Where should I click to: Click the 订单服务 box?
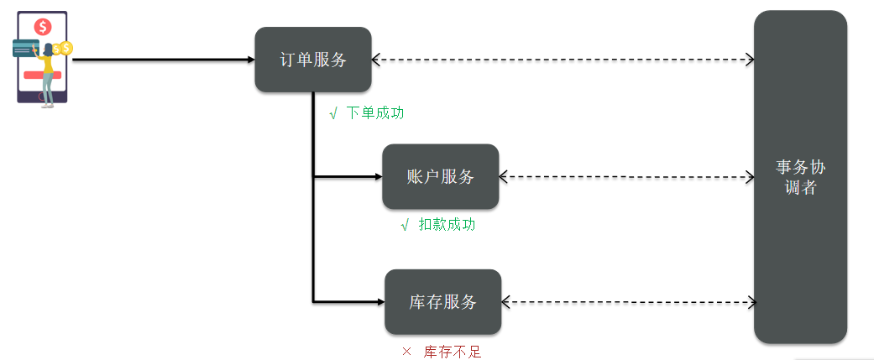pos(313,60)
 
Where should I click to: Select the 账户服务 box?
pos(440,177)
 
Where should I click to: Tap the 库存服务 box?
pos(443,302)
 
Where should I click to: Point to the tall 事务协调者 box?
pos(800,177)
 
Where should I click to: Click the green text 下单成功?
pos(375,113)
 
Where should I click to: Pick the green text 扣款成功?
pos(447,225)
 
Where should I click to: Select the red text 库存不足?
pos(452,352)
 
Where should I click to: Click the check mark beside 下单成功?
pos(333,113)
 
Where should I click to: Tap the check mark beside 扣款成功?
pos(406,225)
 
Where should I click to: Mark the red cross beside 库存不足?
pos(406,352)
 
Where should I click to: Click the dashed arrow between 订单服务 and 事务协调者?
pos(563,59)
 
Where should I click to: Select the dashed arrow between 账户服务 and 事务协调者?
pos(626,177)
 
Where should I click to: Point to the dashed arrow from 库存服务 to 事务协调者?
pos(630,303)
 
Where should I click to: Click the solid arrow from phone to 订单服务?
pos(164,59)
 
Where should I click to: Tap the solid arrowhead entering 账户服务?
pos(379,177)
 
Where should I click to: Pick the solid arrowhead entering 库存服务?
pos(381,302)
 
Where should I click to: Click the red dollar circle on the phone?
pos(42,26)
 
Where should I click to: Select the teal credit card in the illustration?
pos(26,49)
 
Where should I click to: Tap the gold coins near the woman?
pos(62,49)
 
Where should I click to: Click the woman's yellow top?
pos(49,64)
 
